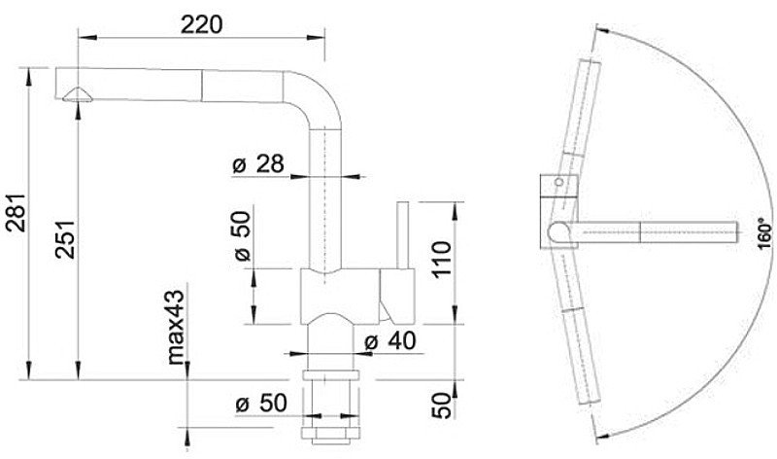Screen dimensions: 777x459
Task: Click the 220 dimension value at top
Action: (201, 24)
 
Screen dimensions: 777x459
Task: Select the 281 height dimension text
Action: (16, 212)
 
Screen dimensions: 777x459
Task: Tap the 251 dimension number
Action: (65, 239)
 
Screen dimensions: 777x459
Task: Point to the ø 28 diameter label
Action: (258, 163)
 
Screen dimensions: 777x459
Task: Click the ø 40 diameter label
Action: (390, 341)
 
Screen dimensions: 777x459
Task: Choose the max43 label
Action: (176, 327)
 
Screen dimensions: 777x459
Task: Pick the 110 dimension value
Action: (443, 260)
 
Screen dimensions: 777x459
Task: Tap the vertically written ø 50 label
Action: (243, 236)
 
